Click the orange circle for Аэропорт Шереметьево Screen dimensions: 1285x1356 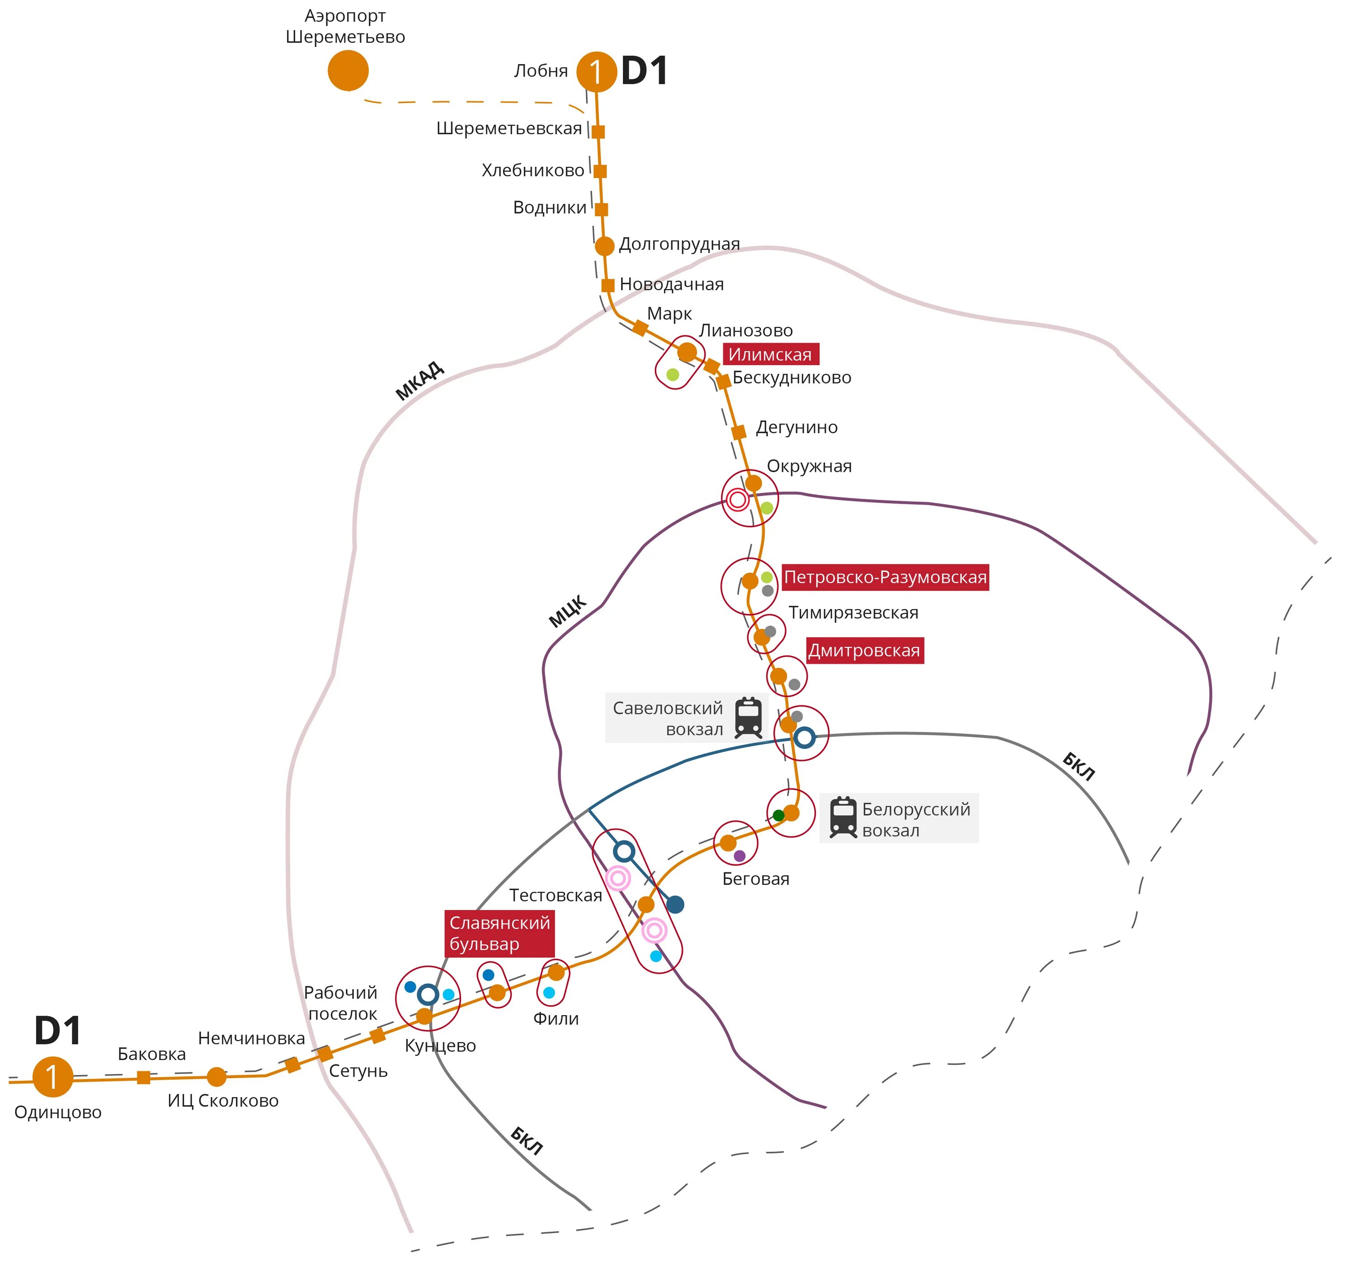click(348, 70)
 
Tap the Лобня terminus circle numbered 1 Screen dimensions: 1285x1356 click(596, 72)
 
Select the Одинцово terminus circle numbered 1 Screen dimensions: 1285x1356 click(53, 1076)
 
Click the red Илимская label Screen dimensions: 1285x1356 click(770, 354)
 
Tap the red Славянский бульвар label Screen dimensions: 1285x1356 click(499, 933)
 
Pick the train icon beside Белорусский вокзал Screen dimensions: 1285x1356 click(843, 818)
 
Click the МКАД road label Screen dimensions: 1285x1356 click(419, 381)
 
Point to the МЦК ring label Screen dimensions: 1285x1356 click(567, 610)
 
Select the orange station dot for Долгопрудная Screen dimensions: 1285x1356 click(604, 246)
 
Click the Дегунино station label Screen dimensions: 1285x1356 click(796, 427)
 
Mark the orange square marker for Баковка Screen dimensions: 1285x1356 click(143, 1078)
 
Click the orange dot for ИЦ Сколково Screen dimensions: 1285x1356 click(217, 1077)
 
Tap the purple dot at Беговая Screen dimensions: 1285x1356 click(739, 855)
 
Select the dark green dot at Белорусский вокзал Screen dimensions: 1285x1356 click(778, 815)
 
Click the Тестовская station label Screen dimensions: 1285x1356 click(555, 895)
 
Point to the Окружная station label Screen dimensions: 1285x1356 click(809, 466)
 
